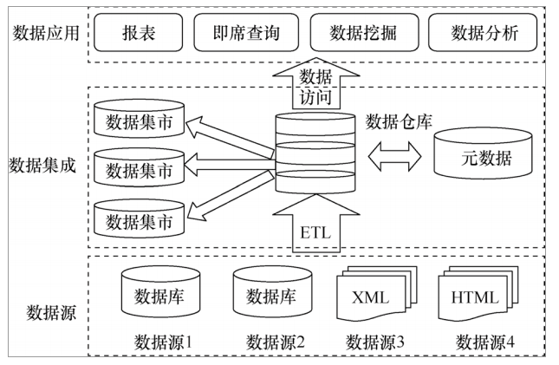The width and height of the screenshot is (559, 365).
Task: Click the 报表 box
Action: coord(135,33)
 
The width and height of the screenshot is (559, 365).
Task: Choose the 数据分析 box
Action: coord(484,33)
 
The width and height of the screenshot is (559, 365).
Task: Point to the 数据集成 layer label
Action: coord(42,165)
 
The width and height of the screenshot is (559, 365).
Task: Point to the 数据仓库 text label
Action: coord(399,119)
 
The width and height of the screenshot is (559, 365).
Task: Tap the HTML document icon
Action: coord(474,295)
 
